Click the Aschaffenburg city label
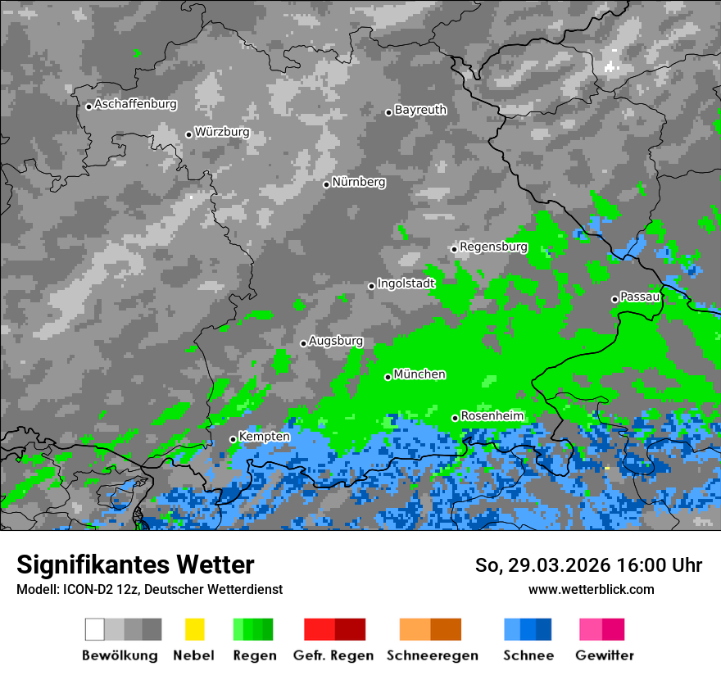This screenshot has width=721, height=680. pos(135,105)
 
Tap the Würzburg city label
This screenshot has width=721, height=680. pos(222,132)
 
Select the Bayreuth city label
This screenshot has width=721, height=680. pos(420,110)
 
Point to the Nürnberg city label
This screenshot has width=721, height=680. pos(359,183)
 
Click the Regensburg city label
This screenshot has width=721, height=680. pos(493,247)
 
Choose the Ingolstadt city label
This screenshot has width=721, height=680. pos(406,283)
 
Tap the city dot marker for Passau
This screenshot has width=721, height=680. pos(614,299)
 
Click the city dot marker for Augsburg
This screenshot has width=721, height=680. pos(303,343)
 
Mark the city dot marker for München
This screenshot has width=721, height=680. pos(388,377)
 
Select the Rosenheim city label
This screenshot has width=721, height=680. pos(492,416)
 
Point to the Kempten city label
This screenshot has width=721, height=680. pos(265,437)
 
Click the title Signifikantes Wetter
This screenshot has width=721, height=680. pos(135,564)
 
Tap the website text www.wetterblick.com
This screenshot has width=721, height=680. pos(591,589)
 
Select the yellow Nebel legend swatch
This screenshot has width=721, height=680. pos(194,629)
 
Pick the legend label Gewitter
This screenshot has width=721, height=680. pos(605,655)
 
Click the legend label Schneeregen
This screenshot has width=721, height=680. pos(430,655)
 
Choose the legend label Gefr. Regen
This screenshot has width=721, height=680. pos(333,655)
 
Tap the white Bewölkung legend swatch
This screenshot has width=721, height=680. pos(95,629)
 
